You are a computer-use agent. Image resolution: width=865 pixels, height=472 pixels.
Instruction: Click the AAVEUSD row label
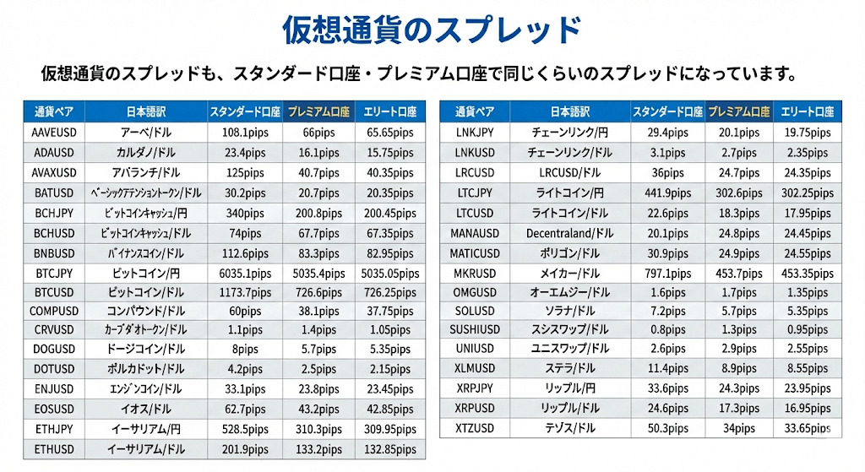coord(52,133)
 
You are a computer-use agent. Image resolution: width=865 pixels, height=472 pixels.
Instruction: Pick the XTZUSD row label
coord(473,429)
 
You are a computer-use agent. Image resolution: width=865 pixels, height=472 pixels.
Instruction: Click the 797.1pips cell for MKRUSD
coord(667,274)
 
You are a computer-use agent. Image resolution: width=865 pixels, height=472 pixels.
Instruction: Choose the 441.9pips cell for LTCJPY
coord(667,193)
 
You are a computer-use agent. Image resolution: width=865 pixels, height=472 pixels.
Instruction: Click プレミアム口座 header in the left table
coord(317,111)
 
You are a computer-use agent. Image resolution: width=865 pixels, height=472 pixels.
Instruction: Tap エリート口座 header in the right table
coord(808,111)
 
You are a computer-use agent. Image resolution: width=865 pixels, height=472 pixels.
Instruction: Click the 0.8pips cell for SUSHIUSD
coord(667,329)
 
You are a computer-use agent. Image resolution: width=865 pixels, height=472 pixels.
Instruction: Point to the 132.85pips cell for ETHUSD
coord(389,449)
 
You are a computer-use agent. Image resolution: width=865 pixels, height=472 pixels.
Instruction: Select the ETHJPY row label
coord(52,429)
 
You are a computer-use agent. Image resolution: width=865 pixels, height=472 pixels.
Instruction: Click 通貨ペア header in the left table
coord(52,111)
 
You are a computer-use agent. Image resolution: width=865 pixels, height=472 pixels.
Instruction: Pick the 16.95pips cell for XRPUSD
coord(808,408)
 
